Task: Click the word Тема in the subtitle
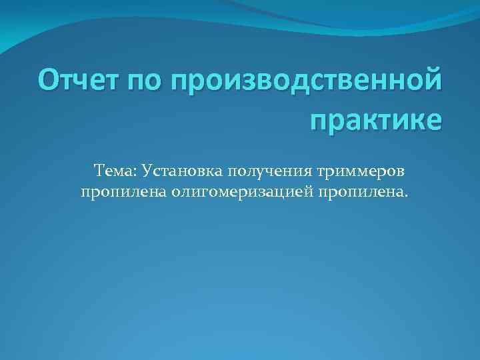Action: point(113,172)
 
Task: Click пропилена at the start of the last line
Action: point(122,193)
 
